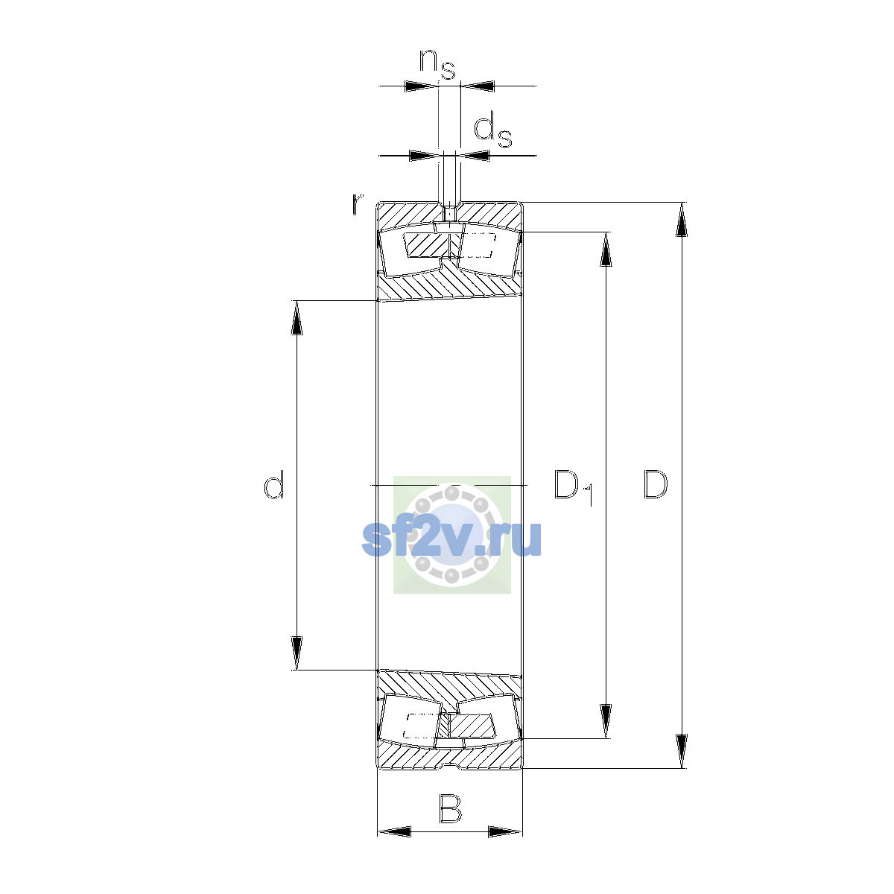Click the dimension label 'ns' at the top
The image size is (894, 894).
point(437,64)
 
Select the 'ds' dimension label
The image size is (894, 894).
point(492,132)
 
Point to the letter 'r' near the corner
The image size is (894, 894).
point(357,204)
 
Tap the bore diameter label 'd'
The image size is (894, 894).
point(273,484)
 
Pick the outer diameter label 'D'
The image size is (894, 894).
point(655,485)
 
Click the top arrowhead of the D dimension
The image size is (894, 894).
point(681,220)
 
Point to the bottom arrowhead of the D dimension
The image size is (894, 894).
point(681,752)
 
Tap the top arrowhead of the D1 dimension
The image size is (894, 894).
point(606,249)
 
